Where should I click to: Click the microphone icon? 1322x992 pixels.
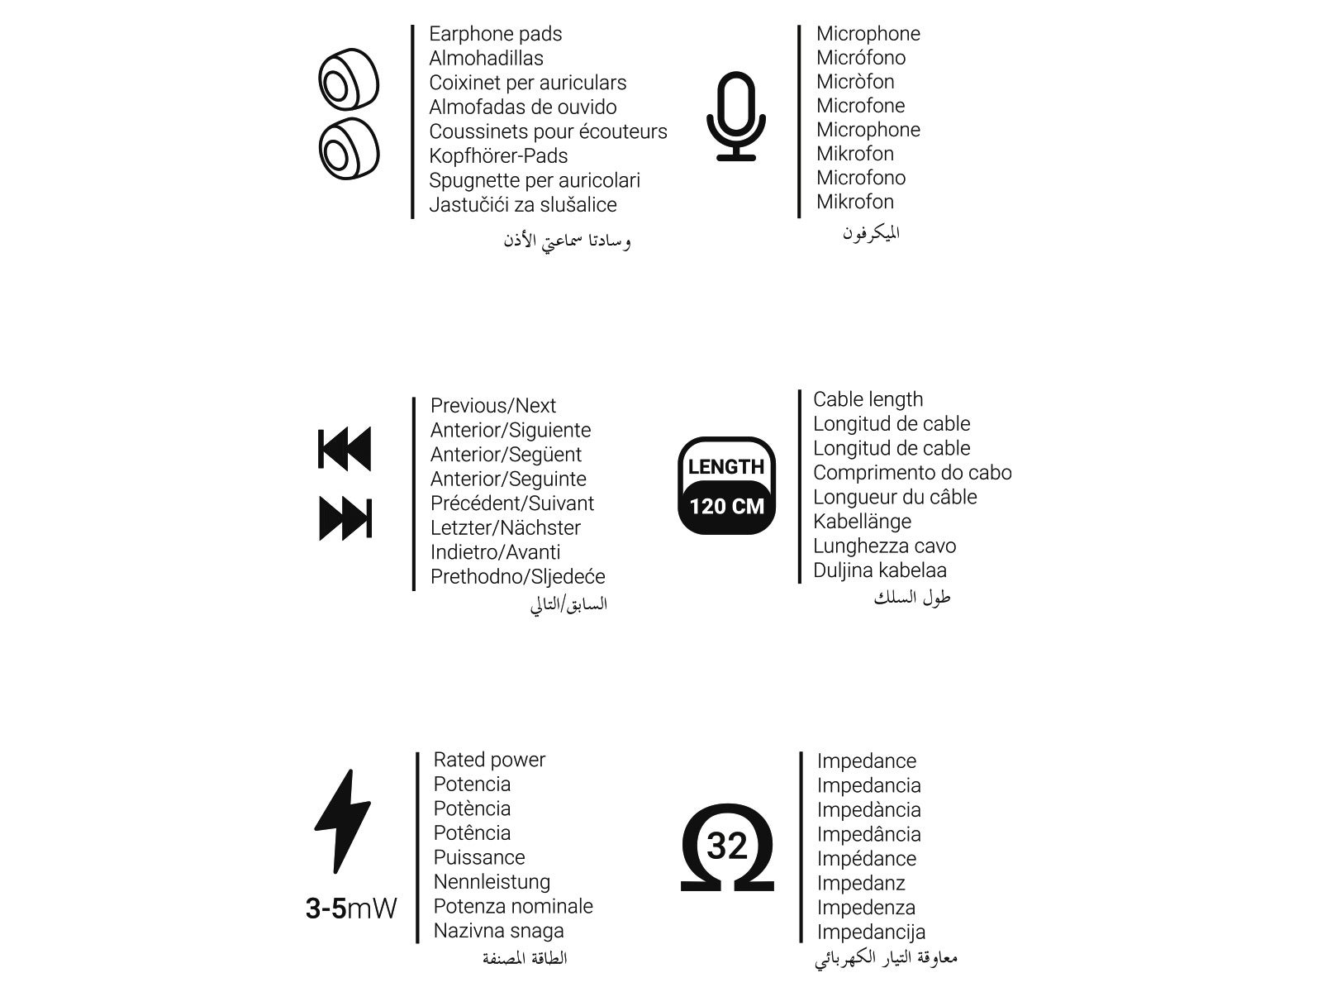point(736,116)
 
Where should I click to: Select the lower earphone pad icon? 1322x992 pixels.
point(349,150)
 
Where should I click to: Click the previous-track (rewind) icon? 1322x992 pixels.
point(345,449)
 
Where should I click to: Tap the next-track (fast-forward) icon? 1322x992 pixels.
point(345,519)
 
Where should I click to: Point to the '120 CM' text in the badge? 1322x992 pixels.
point(727,506)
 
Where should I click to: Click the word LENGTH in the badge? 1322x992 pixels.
point(726,467)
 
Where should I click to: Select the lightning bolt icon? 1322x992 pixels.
point(343,821)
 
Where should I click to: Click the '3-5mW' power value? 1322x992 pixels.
point(351,909)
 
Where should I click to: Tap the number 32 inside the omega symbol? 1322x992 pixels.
point(727,846)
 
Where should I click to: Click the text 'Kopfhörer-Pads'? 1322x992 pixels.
point(498,156)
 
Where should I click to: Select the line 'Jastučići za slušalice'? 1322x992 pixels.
point(523,205)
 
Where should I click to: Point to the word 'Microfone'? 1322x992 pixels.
point(860,106)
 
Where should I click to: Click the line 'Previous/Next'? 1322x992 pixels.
point(493,406)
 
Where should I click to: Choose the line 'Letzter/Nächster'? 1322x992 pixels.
point(506,527)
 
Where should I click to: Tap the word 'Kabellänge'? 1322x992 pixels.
point(862,522)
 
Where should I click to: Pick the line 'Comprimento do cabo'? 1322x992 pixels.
point(912,473)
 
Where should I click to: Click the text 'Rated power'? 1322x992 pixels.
point(489,760)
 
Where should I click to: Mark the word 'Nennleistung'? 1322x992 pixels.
point(492,882)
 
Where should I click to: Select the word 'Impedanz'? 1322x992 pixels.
point(861,884)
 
